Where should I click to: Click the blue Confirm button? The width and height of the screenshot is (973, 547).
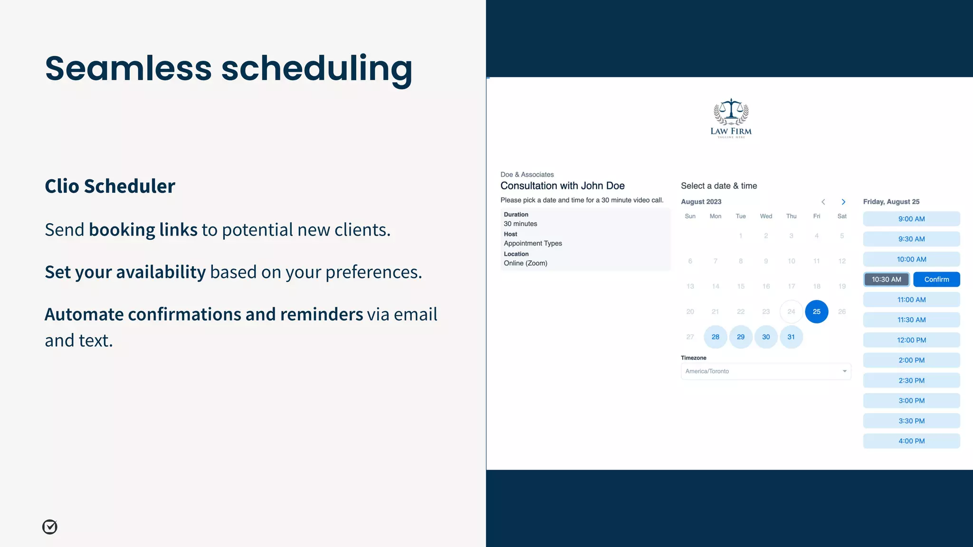click(x=936, y=280)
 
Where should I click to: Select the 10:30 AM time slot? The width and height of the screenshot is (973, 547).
click(x=886, y=280)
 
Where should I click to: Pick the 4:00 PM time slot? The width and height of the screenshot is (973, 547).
click(x=911, y=441)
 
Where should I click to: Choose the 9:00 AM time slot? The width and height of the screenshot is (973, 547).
click(x=911, y=219)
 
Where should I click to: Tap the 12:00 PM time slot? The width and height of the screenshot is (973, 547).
click(x=911, y=340)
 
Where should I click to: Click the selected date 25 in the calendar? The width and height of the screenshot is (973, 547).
click(x=816, y=312)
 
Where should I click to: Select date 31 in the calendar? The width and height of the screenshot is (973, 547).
click(x=791, y=337)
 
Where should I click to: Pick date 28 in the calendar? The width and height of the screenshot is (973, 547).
click(x=715, y=337)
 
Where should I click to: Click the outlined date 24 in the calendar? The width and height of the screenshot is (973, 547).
click(x=791, y=312)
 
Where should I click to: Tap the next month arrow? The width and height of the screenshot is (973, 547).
click(x=843, y=202)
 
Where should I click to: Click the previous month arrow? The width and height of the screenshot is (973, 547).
click(x=823, y=202)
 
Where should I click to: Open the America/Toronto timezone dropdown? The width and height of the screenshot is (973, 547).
click(x=766, y=371)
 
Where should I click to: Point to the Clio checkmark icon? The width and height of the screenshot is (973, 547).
click(x=50, y=527)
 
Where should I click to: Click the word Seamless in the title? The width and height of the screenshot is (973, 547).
click(x=128, y=68)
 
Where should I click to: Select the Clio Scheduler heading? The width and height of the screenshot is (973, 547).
click(x=110, y=186)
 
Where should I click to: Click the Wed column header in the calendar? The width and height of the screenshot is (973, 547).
click(x=766, y=217)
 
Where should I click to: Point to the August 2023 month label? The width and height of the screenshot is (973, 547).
click(x=701, y=202)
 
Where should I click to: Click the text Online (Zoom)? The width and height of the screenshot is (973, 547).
click(x=525, y=264)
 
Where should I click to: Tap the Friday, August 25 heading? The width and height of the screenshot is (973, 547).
click(x=891, y=202)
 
